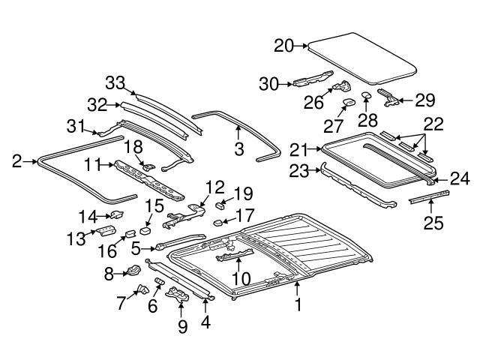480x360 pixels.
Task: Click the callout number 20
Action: (284, 46)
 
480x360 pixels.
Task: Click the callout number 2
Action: (17, 160)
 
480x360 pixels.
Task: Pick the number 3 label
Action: (238, 149)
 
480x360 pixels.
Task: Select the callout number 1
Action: (298, 304)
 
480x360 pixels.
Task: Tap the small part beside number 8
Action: (133, 271)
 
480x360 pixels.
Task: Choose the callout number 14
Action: (88, 217)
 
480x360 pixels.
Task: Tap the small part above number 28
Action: (366, 94)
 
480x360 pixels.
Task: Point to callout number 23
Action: (298, 171)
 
